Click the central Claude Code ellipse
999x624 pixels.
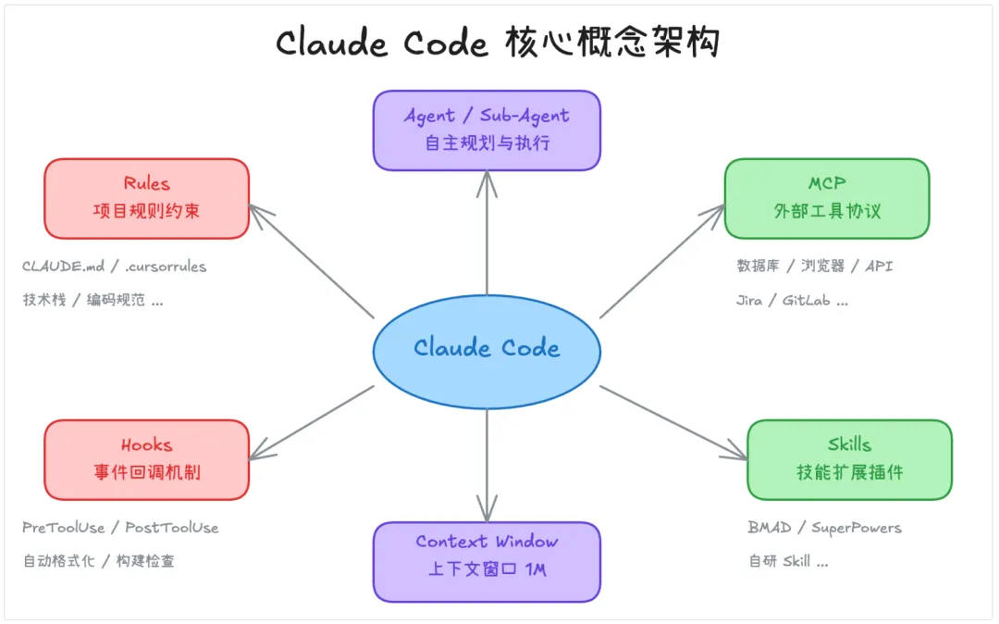pyautogui.click(x=487, y=349)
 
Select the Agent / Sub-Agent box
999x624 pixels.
pyautogui.click(x=487, y=130)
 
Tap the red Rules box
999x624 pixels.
pyautogui.click(x=146, y=198)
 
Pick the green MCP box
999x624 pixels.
pyautogui.click(x=826, y=198)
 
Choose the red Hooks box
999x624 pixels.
pyautogui.click(x=146, y=459)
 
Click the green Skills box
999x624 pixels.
pyautogui.click(x=849, y=459)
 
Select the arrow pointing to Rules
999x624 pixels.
pyautogui.click(x=312, y=262)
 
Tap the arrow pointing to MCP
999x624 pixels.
pyautogui.click(x=662, y=261)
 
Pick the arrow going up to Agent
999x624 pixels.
pyautogui.click(x=487, y=231)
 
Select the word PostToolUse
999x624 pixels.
pyautogui.click(x=172, y=528)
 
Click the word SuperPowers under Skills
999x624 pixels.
pyautogui.click(x=856, y=528)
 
